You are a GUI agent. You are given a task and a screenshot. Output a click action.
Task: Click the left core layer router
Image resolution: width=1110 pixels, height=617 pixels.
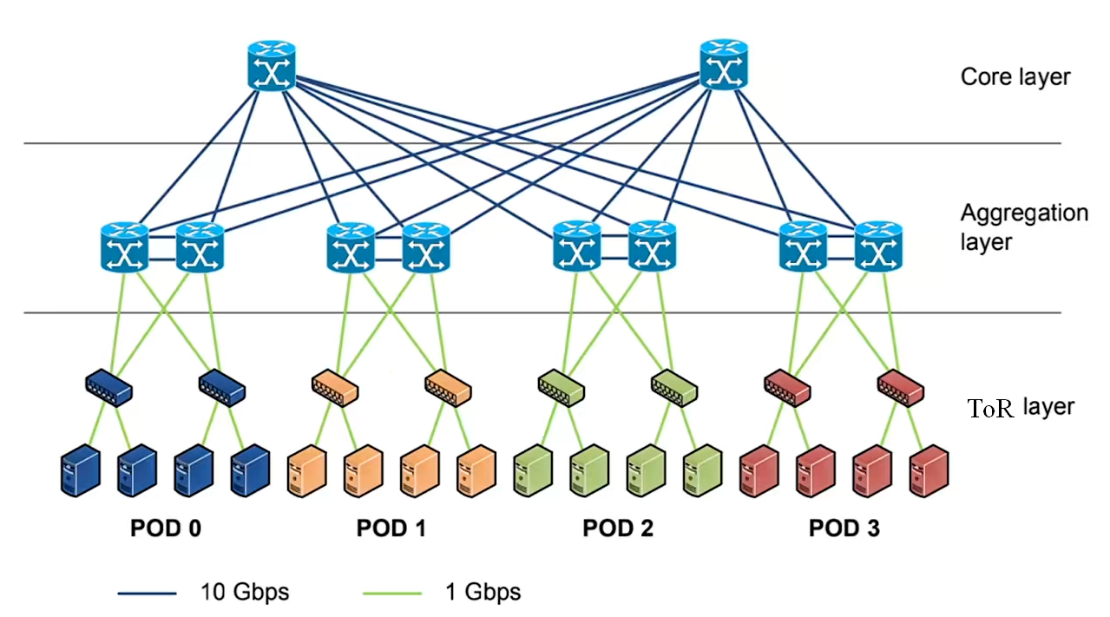coord(273,66)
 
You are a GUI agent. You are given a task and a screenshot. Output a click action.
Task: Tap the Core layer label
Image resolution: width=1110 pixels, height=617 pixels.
coord(1015,76)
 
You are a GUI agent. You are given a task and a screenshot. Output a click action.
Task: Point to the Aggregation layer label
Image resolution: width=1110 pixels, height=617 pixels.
coord(1024,226)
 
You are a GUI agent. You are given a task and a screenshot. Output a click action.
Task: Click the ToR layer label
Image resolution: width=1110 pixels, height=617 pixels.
coord(1021,407)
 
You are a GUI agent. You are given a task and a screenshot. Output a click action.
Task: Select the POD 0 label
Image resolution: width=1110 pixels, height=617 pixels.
coord(166,528)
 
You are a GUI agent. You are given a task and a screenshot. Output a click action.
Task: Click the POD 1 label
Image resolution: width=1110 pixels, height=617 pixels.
coord(391,528)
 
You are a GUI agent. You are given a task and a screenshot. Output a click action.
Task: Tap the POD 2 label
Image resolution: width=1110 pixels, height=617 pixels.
coord(618,528)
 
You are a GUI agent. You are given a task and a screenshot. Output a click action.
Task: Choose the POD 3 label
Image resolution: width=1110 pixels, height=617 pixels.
coord(844,528)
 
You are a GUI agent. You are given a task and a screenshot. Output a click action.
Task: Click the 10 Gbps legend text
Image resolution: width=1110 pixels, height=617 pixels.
coord(246,593)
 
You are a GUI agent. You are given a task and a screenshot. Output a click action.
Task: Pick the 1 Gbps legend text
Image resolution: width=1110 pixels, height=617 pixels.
coord(483,593)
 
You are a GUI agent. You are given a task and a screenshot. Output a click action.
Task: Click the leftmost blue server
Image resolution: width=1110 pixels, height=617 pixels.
coord(81,471)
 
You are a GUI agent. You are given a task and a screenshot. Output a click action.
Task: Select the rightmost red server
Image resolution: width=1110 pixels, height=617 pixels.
coord(929,471)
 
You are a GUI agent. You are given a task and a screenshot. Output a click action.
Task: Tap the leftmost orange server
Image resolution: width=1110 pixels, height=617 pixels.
coord(306,471)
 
